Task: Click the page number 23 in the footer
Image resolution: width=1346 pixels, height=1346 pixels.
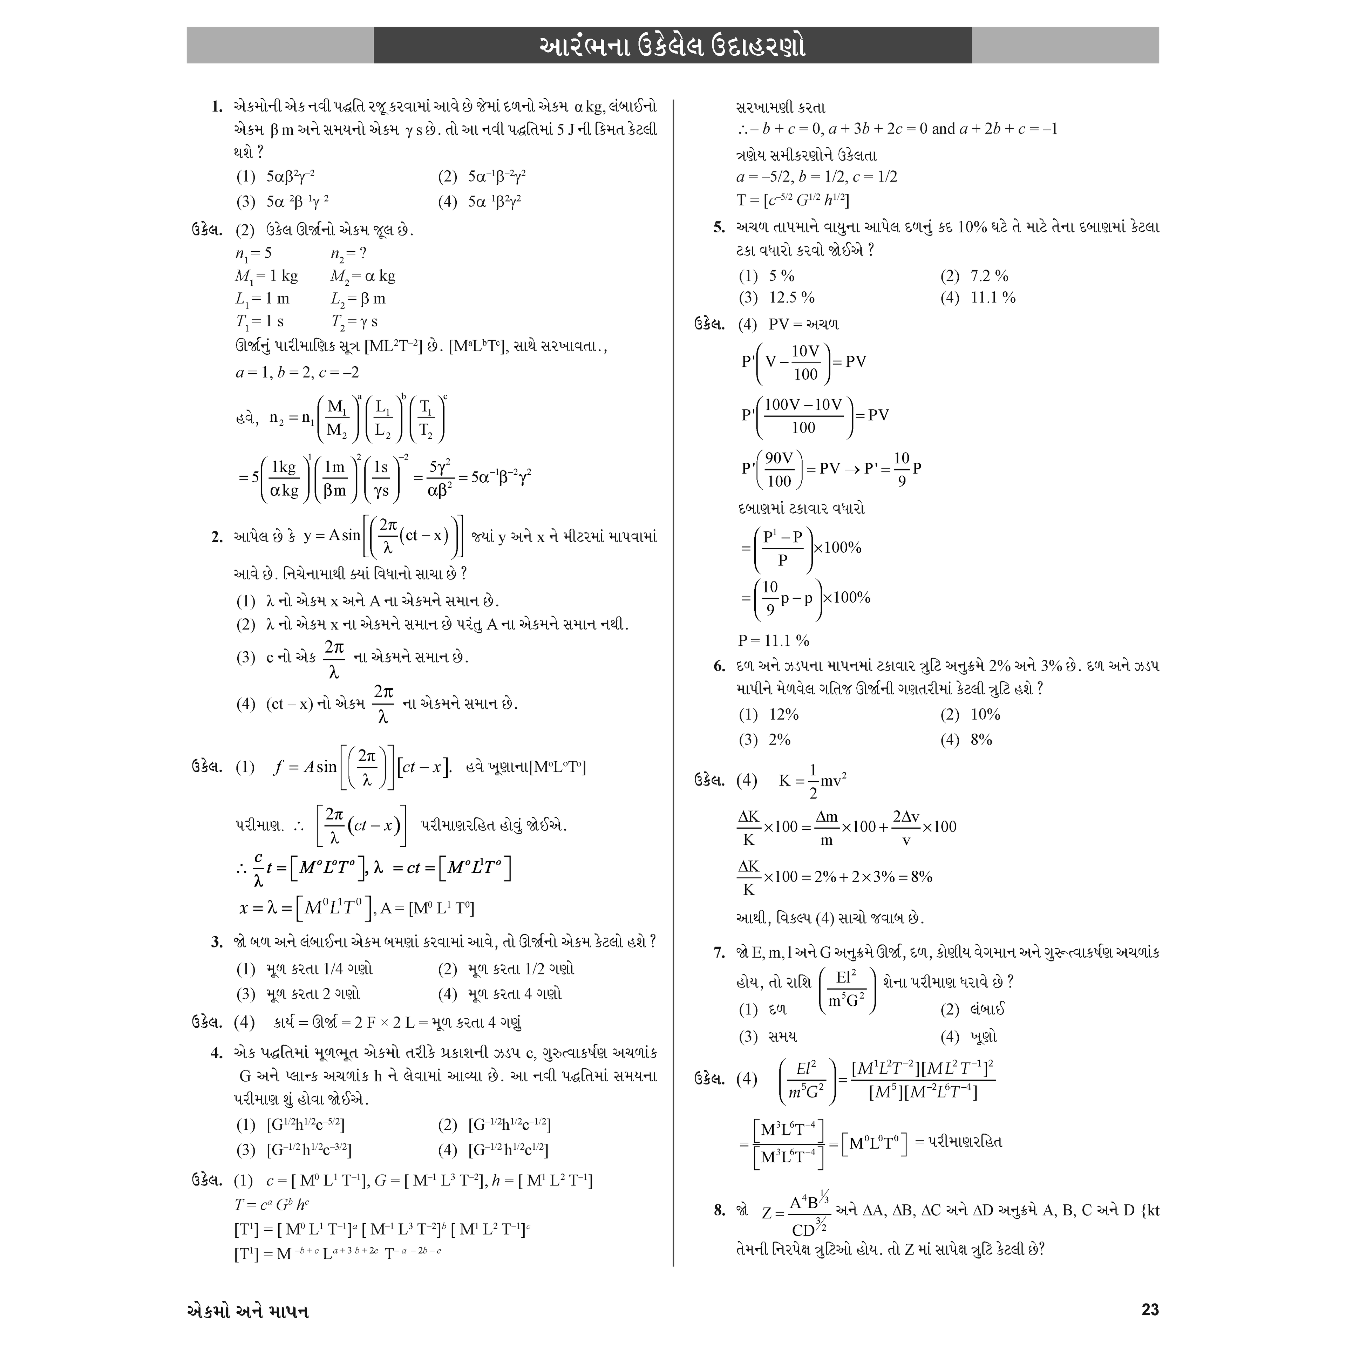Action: (1150, 1310)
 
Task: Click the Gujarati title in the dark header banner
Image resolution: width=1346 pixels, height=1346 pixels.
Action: (672, 46)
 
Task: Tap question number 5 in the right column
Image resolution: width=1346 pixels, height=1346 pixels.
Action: (719, 227)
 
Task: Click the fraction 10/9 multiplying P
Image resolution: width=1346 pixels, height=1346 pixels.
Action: (902, 468)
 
